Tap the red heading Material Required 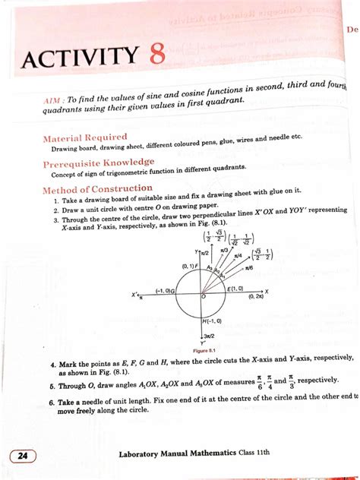(85, 137)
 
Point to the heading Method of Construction (97, 189)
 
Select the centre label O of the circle (204, 298)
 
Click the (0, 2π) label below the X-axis (257, 298)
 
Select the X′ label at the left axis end (135, 295)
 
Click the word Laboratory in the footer (144, 454)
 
